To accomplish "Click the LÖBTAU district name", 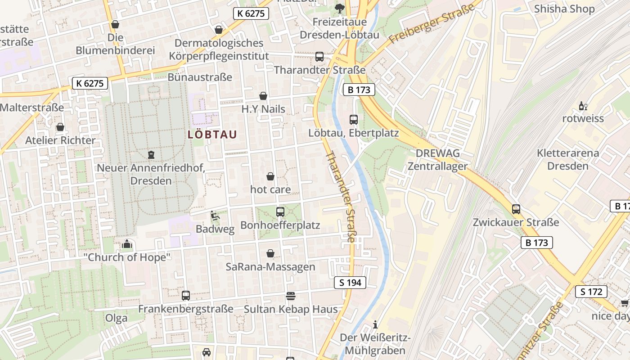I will coord(212,134).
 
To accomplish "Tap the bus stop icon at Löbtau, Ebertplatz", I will coord(354,120).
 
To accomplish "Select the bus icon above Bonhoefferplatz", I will coord(280,211).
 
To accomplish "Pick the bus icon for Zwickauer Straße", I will coord(516,209).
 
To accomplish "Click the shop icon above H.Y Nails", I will coord(263,96).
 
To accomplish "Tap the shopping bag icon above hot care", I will coord(270,176).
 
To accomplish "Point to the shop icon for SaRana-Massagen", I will coord(270,254).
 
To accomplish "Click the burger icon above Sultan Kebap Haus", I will coord(291,296).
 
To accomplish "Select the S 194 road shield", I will coord(350,283).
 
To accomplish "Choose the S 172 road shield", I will coord(591,292).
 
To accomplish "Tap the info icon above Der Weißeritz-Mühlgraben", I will coord(375,324).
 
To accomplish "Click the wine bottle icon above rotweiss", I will coord(583,106).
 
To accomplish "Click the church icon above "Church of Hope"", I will coord(127,244).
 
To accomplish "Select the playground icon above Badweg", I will coord(215,216).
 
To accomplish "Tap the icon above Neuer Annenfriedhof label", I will coord(151,155).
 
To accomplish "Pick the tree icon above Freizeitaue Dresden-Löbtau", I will coord(339,8).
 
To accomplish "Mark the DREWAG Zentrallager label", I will coord(437,159).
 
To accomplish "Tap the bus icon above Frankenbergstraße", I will coord(186,296).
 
